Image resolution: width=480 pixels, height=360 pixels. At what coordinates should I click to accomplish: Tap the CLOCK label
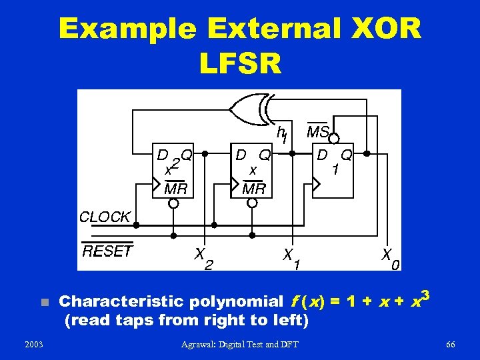pyautogui.click(x=105, y=217)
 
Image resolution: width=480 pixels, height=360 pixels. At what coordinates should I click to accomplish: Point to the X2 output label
pyautogui.click(x=203, y=259)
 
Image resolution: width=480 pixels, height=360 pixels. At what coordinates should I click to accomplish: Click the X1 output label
pyautogui.click(x=291, y=259)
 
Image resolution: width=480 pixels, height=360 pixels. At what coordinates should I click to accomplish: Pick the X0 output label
pyautogui.click(x=390, y=259)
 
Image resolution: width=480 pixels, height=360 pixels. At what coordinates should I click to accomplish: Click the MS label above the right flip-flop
pyautogui.click(x=318, y=132)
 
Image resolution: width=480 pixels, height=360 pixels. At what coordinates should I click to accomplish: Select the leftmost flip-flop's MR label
pyautogui.click(x=175, y=189)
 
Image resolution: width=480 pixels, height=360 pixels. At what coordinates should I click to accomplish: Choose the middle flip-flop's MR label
pyautogui.click(x=253, y=189)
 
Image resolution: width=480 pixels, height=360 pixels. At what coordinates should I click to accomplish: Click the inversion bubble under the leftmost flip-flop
pyautogui.click(x=173, y=203)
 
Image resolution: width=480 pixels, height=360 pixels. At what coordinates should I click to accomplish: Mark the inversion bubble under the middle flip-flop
pyautogui.click(x=253, y=203)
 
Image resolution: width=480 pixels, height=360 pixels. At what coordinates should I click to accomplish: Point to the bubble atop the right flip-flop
pyautogui.click(x=335, y=139)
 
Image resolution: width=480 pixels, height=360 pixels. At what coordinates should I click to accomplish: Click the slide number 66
pyautogui.click(x=451, y=344)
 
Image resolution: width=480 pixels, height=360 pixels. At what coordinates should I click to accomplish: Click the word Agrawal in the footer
pyautogui.click(x=201, y=344)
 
